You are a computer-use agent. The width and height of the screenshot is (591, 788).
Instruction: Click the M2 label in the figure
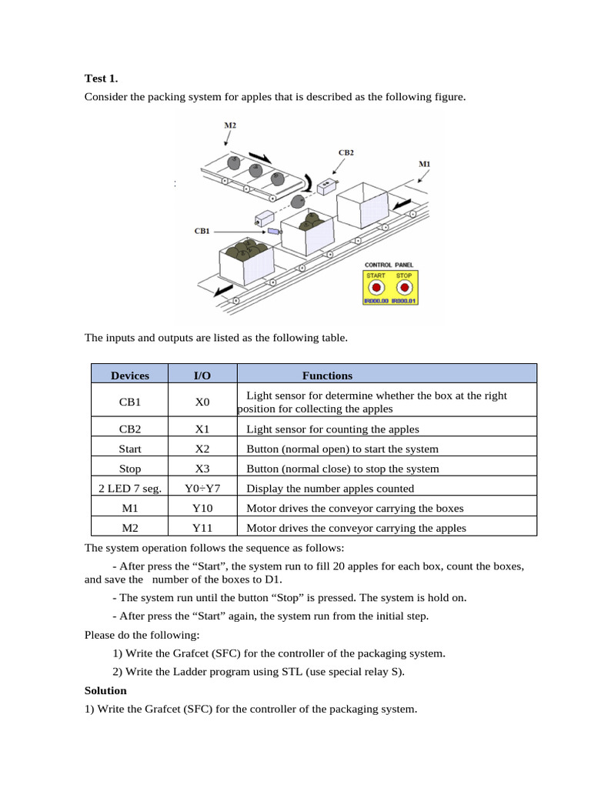(230, 125)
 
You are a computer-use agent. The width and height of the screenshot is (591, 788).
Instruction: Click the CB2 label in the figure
(346, 152)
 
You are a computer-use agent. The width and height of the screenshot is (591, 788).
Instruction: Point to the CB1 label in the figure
(202, 230)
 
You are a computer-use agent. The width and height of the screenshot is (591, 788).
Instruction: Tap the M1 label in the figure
(424, 164)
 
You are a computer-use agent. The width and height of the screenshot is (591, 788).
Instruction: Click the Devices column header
(130, 376)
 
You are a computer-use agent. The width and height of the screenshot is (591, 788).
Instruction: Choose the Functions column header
(327, 376)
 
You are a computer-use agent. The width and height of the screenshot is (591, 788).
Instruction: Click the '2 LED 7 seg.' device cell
(130, 489)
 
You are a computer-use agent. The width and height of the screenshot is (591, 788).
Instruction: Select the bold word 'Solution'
(105, 690)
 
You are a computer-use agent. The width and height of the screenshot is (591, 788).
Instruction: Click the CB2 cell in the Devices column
(130, 429)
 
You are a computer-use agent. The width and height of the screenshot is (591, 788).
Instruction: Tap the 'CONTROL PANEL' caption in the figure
(390, 265)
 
